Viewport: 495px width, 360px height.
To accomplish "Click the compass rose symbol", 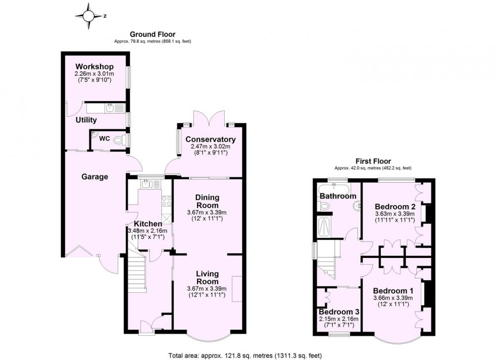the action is pyautogui.click(x=89, y=16).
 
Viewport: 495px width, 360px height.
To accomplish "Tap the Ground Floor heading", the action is pyautogui.click(x=152, y=34).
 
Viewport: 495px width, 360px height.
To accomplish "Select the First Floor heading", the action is pyautogui.click(x=373, y=161).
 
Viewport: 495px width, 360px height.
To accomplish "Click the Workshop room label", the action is pyautogui.click(x=95, y=67).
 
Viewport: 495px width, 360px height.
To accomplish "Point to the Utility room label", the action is pyautogui.click(x=86, y=120).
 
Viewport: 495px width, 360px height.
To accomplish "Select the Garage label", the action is pyautogui.click(x=95, y=176).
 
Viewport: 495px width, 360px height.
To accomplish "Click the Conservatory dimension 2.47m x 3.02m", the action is pyautogui.click(x=210, y=147).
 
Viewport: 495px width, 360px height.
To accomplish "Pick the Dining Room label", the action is pyautogui.click(x=207, y=201).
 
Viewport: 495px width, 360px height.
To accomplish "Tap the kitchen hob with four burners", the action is pyautogui.click(x=166, y=201).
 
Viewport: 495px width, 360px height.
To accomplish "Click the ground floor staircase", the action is pyautogui.click(x=137, y=272).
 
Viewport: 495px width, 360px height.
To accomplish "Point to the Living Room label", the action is pyautogui.click(x=207, y=278).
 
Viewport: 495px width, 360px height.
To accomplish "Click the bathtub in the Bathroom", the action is pyautogui.click(x=334, y=190).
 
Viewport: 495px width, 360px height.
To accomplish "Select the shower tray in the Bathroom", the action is pyautogui.click(x=324, y=227).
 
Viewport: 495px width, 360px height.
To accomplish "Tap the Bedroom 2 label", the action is pyautogui.click(x=395, y=206).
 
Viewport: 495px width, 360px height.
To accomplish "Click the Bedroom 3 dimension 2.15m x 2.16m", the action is pyautogui.click(x=339, y=319).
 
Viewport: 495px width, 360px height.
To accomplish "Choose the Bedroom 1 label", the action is pyautogui.click(x=394, y=291).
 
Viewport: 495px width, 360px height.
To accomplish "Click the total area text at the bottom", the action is pyautogui.click(x=245, y=356).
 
